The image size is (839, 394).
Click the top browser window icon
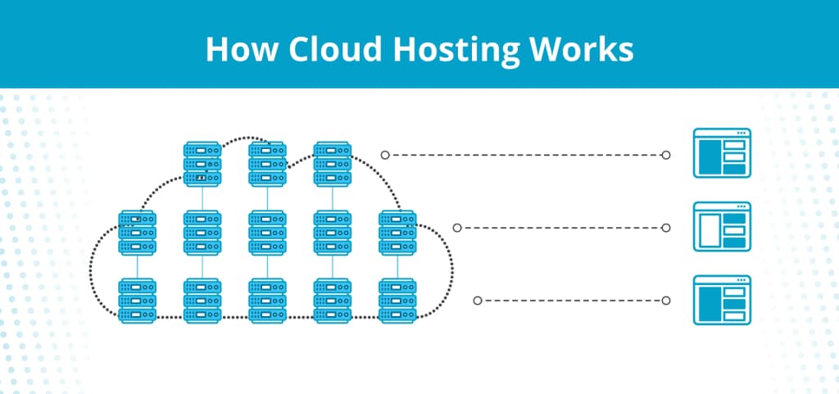(722, 153)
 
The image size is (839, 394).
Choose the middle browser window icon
(722, 227)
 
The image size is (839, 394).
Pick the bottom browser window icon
(722, 300)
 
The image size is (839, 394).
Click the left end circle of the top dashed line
(384, 154)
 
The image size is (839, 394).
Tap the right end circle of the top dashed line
(666, 154)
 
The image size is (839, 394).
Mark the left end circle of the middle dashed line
(456, 228)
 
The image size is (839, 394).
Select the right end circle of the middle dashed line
(666, 228)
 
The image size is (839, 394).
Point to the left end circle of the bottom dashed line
(477, 301)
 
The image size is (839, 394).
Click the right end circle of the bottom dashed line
(666, 301)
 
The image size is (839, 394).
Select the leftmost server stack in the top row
(202, 163)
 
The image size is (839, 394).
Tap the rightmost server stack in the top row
(333, 163)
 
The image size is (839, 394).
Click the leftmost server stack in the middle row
(137, 232)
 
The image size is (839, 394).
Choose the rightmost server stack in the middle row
(397, 232)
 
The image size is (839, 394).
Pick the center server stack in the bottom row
(267, 300)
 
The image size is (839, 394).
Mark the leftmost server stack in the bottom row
(137, 300)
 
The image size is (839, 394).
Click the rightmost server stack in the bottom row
(397, 300)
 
